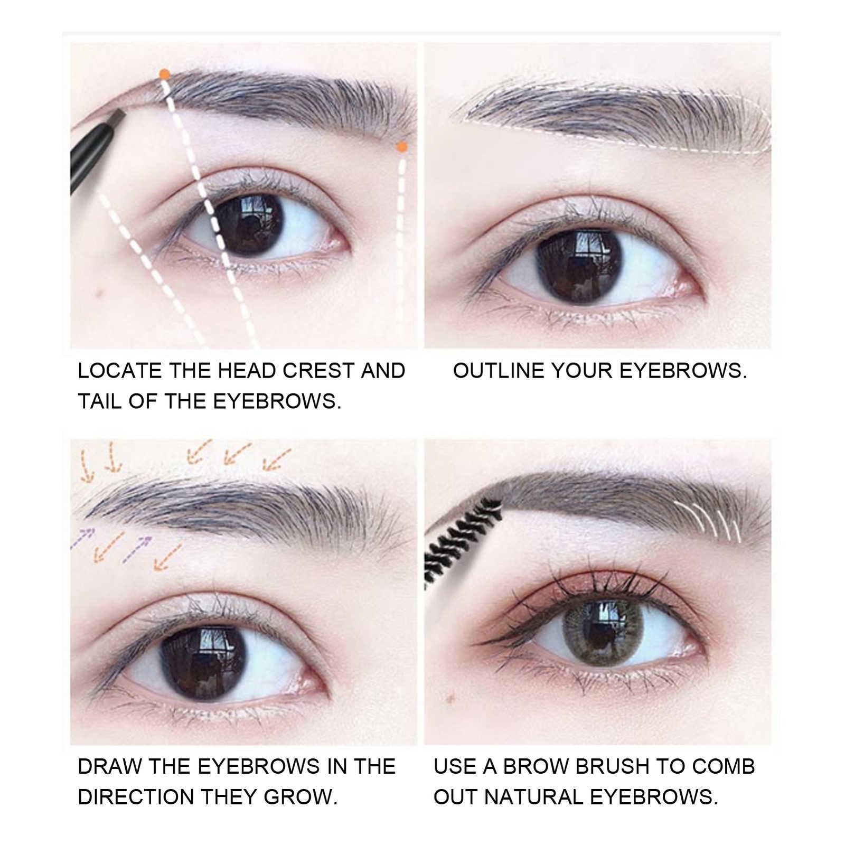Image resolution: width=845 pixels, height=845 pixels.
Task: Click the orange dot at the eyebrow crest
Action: click(165, 74)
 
